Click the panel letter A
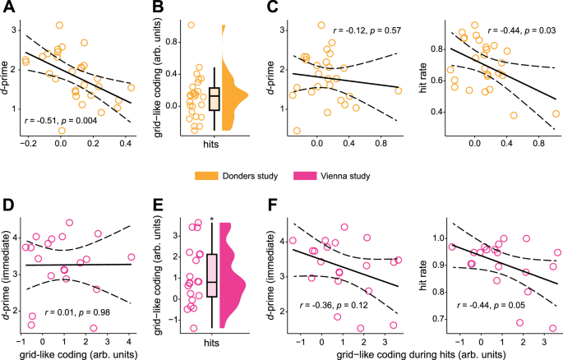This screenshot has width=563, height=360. tap(7, 8)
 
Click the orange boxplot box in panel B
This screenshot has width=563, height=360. tap(215, 97)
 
